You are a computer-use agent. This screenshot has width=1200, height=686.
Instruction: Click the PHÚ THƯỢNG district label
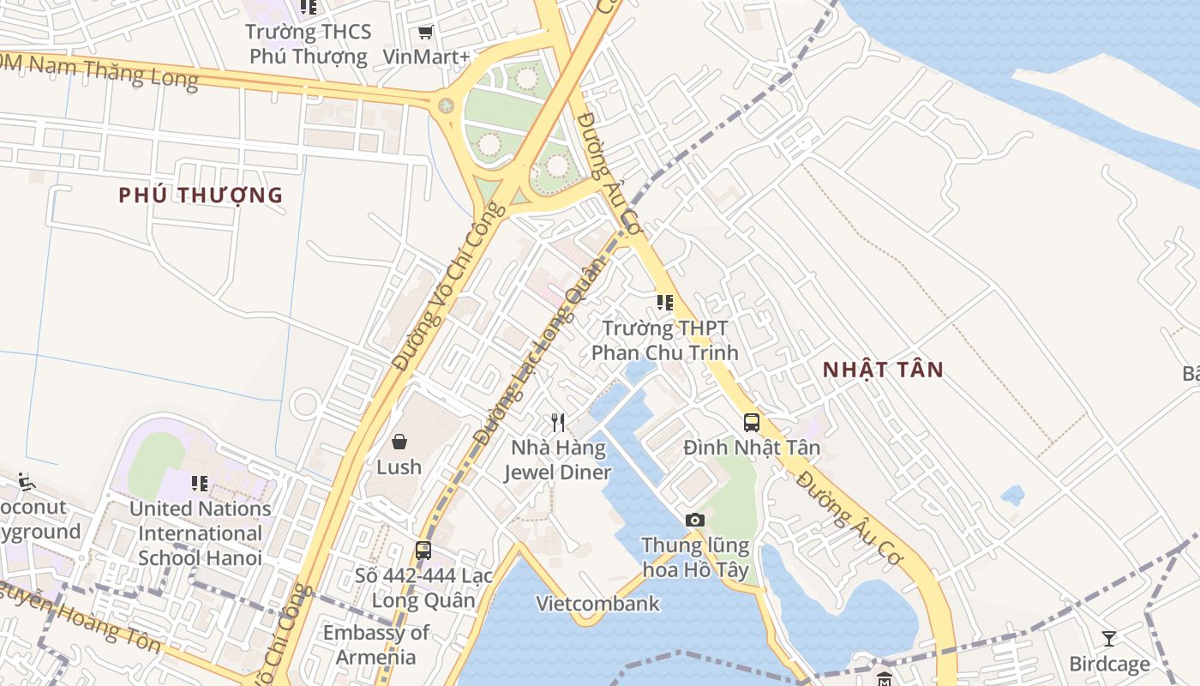(201, 195)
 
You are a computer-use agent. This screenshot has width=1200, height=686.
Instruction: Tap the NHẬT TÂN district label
(883, 370)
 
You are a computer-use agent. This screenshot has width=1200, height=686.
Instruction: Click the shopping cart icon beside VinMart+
(425, 33)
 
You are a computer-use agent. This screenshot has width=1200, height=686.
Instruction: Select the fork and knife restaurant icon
(558, 422)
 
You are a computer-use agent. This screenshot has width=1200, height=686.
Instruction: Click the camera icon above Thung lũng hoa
(695, 520)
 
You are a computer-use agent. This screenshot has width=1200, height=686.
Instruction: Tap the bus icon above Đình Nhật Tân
(752, 422)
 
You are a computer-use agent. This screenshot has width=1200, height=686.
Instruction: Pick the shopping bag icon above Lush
(399, 442)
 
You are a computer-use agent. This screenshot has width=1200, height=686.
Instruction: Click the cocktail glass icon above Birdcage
(1109, 639)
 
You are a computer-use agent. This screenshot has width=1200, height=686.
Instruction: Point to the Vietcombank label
(598, 604)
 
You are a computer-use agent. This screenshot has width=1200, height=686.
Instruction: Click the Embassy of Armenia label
(375, 645)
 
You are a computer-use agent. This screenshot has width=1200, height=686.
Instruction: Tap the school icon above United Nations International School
(200, 484)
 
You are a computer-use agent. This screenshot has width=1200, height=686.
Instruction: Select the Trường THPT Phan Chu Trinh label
(664, 340)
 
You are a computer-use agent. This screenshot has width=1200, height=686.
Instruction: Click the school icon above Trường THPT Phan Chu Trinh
(664, 303)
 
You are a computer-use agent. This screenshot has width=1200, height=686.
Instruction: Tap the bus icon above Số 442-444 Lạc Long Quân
(423, 551)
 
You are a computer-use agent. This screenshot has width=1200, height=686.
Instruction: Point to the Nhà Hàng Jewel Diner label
(557, 460)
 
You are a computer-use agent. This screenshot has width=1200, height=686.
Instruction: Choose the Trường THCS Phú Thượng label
(309, 45)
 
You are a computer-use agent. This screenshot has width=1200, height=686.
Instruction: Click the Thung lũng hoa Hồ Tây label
(695, 557)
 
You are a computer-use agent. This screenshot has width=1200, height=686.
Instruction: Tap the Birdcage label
(1109, 664)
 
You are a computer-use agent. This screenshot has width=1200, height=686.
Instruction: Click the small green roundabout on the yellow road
(446, 105)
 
